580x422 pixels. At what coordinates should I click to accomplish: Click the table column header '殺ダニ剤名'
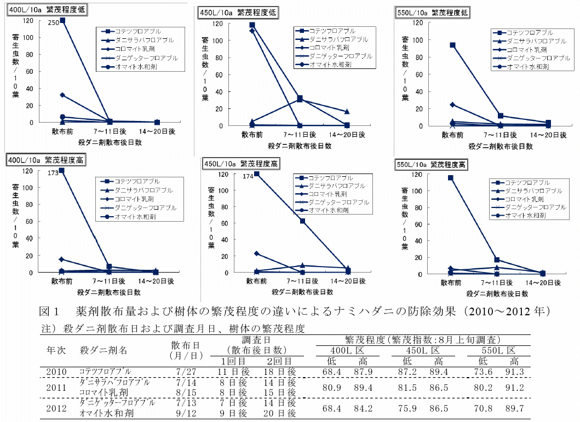pyautogui.click(x=104, y=350)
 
